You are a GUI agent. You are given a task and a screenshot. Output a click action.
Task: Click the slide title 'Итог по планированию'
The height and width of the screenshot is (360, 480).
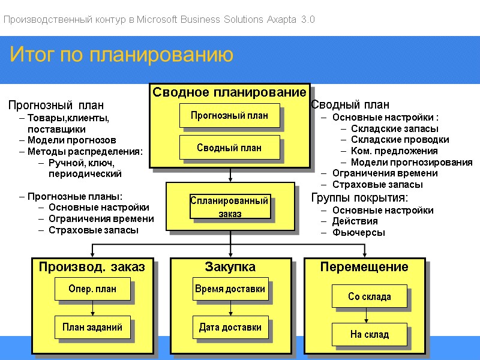coord(121,55)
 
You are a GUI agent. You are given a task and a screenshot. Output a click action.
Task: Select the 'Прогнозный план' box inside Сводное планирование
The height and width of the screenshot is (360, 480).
coord(230,115)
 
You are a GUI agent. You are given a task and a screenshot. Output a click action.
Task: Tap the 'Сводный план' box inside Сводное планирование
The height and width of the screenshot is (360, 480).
coord(230,148)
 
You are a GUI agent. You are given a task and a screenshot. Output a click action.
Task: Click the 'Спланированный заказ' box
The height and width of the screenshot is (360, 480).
coord(230,206)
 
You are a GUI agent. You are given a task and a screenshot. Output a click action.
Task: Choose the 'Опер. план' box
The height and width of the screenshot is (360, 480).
coord(92,289)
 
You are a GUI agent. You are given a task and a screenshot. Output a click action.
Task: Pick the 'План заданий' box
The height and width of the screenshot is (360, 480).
coord(92,327)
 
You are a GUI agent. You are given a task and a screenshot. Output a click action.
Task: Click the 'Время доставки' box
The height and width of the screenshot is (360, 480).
coord(230,289)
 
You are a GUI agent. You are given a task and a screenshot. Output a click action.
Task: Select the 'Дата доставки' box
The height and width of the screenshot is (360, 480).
coord(230,327)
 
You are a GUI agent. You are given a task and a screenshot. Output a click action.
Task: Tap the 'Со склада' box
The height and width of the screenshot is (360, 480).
coord(370,296)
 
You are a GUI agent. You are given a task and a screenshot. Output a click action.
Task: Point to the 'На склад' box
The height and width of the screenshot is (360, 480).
coord(370,334)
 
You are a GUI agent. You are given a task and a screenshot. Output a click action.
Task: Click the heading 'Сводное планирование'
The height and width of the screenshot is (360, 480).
coord(229,92)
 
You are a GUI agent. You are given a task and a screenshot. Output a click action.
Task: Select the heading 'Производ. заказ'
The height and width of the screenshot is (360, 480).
coord(92,267)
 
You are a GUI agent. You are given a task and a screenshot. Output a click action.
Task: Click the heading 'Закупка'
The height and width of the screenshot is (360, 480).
coord(230,267)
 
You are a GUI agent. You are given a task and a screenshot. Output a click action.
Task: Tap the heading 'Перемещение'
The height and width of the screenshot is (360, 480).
coord(364,267)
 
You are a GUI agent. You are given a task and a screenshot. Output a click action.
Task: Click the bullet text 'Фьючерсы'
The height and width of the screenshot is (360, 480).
coord(359,233)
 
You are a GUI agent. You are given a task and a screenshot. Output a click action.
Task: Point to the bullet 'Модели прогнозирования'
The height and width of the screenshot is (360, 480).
coord(412,163)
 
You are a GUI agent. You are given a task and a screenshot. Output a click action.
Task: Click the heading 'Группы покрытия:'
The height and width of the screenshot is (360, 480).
coord(359,198)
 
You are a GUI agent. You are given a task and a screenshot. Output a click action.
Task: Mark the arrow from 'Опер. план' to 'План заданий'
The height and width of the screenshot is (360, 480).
coord(92,308)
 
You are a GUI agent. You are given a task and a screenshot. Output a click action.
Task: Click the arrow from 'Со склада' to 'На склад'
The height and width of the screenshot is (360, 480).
coord(366,316)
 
